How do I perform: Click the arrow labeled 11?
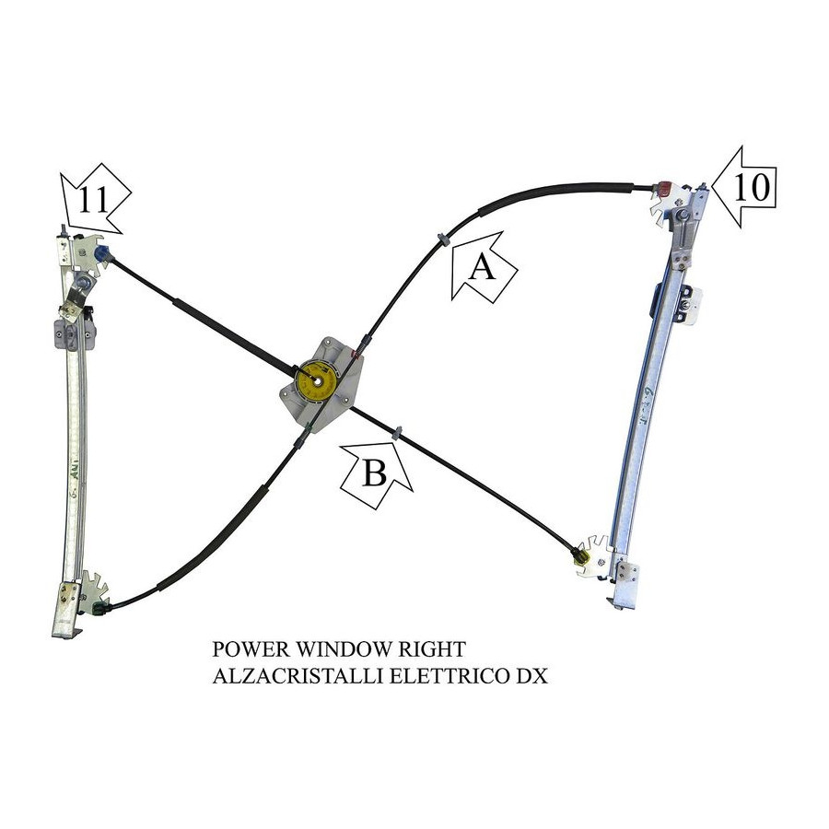pos(95,200)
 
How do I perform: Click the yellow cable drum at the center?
pos(317,381)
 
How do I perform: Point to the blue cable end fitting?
pos(102,253)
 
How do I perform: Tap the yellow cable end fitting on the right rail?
pos(581,555)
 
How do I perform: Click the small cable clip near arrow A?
pos(442,239)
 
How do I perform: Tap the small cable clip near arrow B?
pos(398,431)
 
